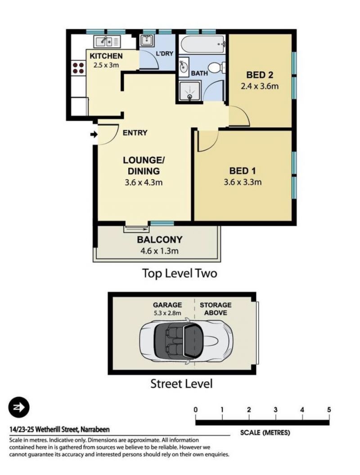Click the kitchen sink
click(107, 41)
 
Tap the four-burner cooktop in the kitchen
click(78, 68)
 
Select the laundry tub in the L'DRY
click(147, 40)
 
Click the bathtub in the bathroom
click(203, 45)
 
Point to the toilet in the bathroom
click(217, 67)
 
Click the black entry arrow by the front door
click(94, 134)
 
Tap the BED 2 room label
click(260, 75)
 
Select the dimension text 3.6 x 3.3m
click(243, 182)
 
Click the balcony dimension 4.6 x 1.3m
click(159, 251)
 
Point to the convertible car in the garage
click(186, 341)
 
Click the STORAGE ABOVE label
click(215, 309)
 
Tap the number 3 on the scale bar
click(275, 410)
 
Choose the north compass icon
click(19, 407)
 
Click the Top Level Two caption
click(180, 273)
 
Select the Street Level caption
click(181, 384)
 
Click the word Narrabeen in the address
click(95, 429)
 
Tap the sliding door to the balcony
click(136, 229)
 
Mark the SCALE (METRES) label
click(265, 433)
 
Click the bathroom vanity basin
click(184, 66)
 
